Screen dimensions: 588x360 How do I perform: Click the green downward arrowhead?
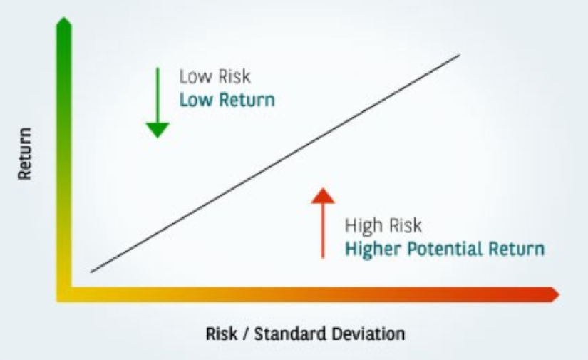pos(158,130)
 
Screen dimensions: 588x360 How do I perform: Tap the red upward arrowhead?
pos(323,196)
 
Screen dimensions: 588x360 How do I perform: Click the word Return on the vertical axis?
pos(25,154)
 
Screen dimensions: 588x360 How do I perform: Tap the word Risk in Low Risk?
pos(234,76)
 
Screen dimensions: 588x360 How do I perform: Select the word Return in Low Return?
pos(247,100)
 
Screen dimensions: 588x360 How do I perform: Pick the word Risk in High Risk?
pos(406,226)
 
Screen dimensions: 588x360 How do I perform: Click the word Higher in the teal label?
pos(373,249)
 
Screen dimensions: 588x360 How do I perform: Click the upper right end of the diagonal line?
pos(459,56)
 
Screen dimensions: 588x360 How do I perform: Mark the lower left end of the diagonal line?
pos(91,272)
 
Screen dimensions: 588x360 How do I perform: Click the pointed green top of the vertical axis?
pos(64,17)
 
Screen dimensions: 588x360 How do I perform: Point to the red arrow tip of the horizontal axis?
pos(559,294)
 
